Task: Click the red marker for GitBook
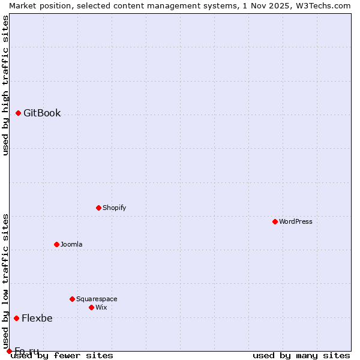(18, 113)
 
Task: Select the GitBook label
(42, 113)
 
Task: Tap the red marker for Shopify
(98, 208)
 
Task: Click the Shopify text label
(114, 208)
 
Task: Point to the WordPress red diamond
(275, 221)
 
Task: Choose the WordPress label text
(295, 221)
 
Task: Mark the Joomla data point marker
(56, 244)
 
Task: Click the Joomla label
(71, 244)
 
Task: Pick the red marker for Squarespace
(72, 299)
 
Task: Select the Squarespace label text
(97, 299)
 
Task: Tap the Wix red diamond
(91, 307)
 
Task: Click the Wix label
(101, 307)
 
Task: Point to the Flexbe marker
(16, 318)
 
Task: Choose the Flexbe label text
(37, 318)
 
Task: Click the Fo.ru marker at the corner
(9, 351)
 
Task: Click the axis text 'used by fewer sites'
(62, 355)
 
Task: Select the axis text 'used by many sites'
(301, 355)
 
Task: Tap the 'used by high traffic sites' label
(5, 85)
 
